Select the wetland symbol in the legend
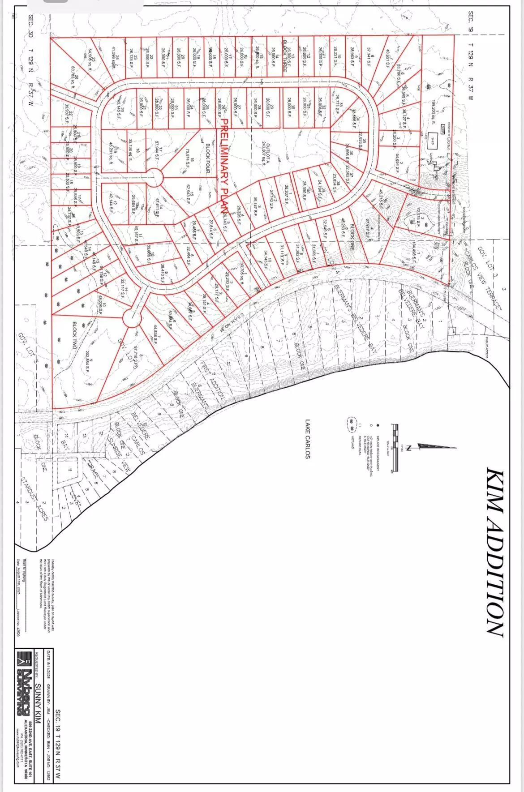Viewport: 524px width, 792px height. pyautogui.click(x=352, y=422)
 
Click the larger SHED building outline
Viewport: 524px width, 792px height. pyautogui.click(x=432, y=139)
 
